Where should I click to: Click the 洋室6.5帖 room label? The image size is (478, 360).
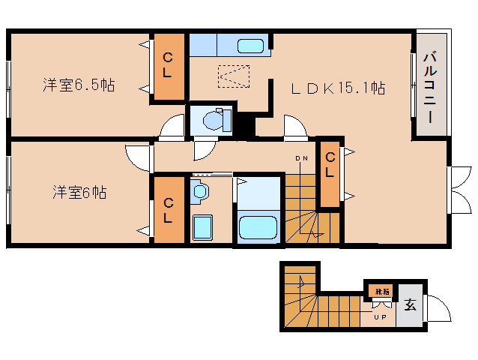point(78,84)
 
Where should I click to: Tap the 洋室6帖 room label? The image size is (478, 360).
point(79,193)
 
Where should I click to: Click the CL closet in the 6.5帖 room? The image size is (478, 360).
point(169,66)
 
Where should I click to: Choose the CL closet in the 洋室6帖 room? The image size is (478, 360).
point(169,209)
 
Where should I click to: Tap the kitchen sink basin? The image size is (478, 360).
point(250,46)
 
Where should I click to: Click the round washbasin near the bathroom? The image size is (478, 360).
point(200,192)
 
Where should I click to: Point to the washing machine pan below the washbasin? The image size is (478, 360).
point(201,226)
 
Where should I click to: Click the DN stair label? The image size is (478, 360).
point(300,158)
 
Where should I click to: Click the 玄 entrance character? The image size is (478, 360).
point(410,305)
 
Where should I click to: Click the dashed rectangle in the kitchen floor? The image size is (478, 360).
point(233,76)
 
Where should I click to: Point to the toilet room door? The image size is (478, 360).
point(202,149)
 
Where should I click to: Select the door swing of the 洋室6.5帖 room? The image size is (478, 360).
point(172,127)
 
